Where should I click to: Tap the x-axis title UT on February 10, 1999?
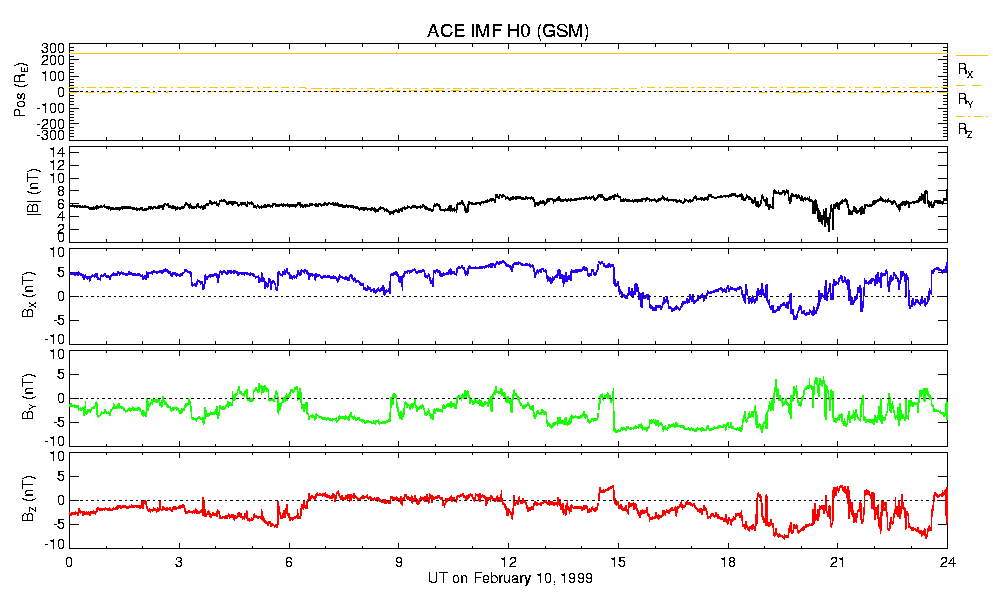pyautogui.click(x=508, y=579)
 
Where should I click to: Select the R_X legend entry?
pyautogui.click(x=966, y=70)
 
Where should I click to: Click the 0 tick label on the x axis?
pyautogui.click(x=69, y=563)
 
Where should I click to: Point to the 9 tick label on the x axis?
pyautogui.click(x=399, y=563)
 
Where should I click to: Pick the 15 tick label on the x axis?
pyautogui.click(x=618, y=563)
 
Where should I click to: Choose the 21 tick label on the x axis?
pyautogui.click(x=838, y=563)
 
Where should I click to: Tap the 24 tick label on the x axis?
pyautogui.click(x=947, y=563)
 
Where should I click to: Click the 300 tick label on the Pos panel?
pyautogui.click(x=52, y=48)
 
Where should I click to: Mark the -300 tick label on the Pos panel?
pyautogui.click(x=50, y=135)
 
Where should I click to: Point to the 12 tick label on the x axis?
pyautogui.click(x=508, y=563)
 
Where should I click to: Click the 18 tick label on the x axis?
pyautogui.click(x=728, y=563)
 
